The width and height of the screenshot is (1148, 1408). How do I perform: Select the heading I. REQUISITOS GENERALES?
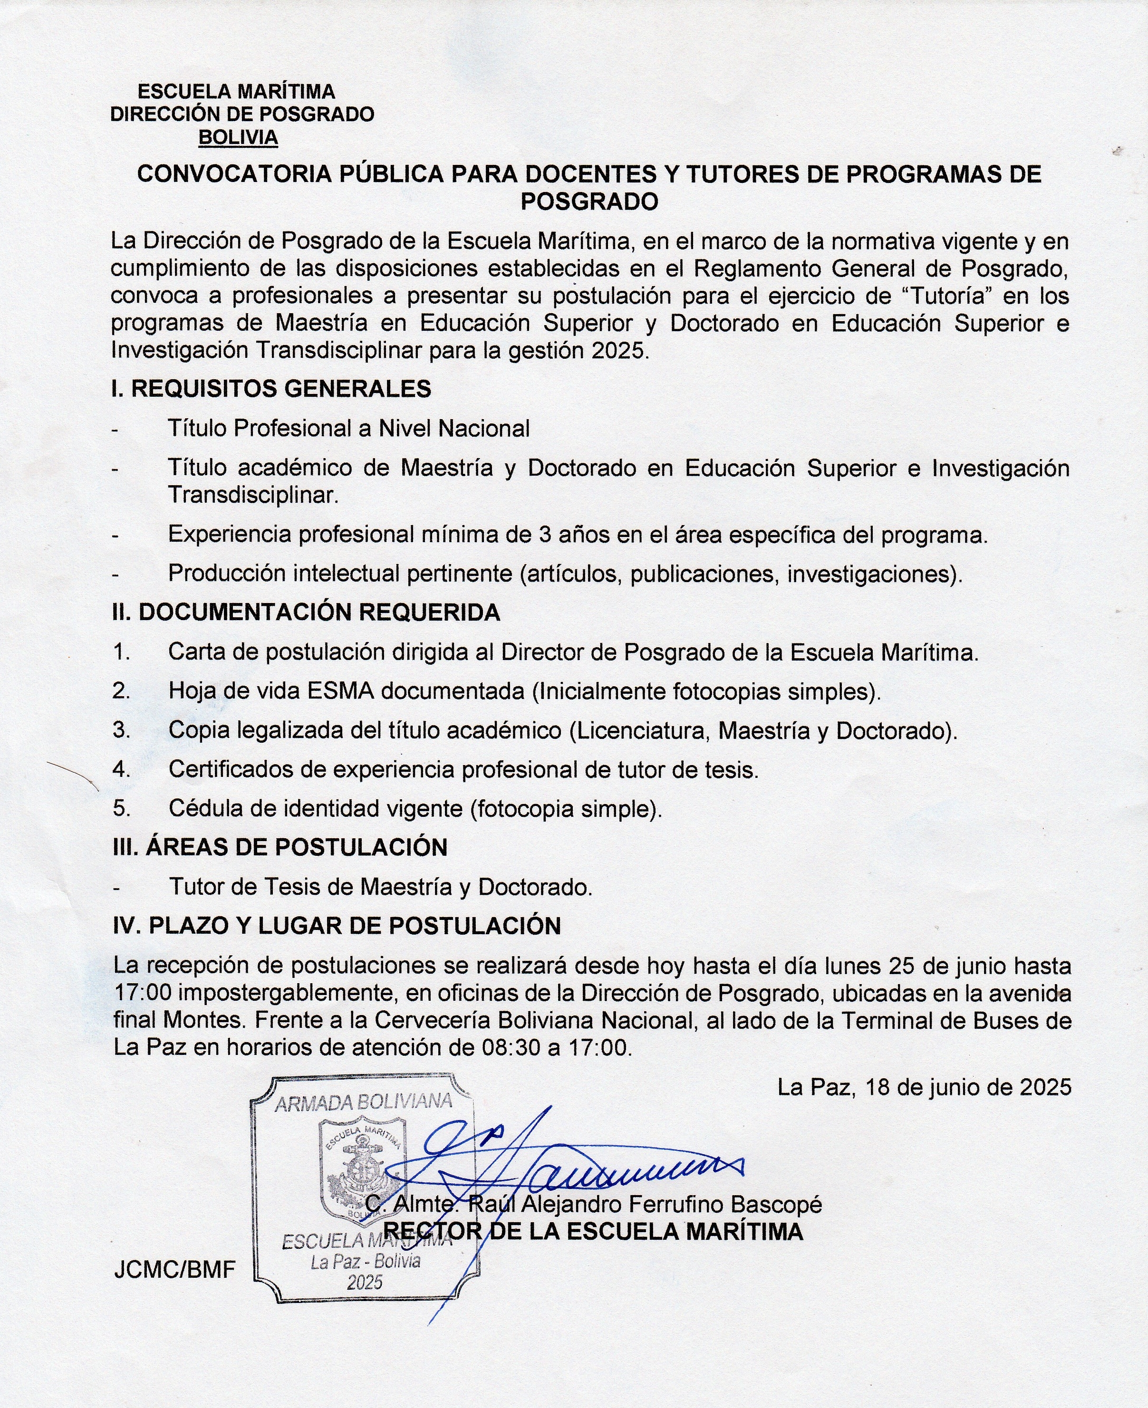(x=271, y=389)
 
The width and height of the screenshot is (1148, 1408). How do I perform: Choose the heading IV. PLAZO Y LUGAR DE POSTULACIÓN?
(x=337, y=926)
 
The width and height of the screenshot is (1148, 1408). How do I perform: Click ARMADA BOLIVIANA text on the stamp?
(x=363, y=1102)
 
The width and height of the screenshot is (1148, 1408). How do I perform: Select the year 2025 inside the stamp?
(x=365, y=1283)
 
